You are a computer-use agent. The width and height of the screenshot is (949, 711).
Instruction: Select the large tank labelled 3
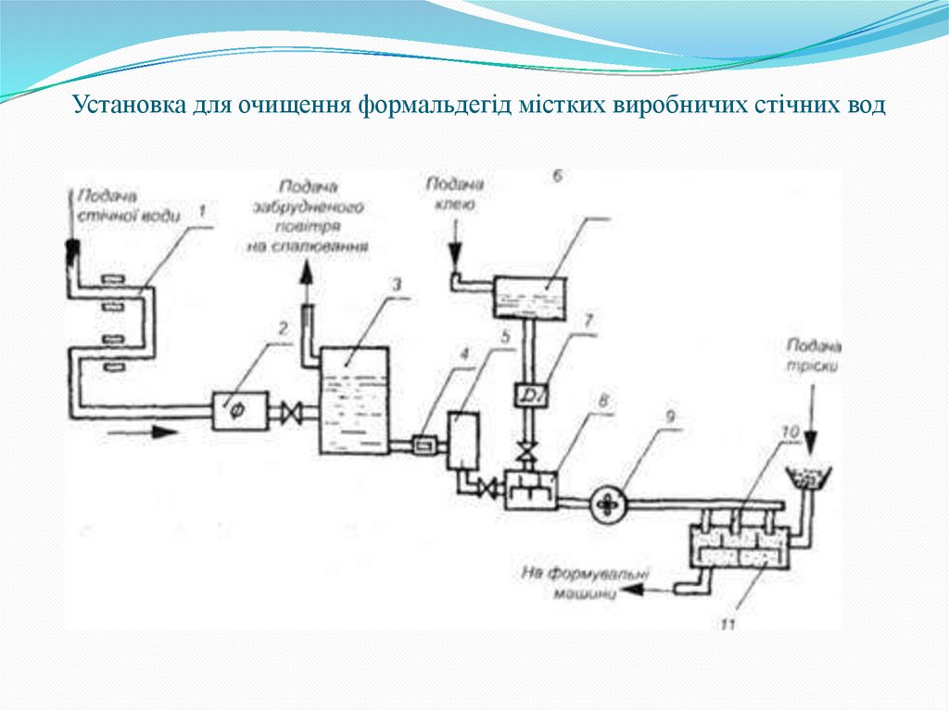coord(353,400)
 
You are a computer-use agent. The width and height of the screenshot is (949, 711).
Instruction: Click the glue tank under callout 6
coord(531,296)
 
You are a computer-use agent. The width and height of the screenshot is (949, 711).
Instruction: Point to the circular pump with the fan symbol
coord(607,502)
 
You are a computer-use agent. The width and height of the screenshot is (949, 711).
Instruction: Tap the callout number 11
coord(727,626)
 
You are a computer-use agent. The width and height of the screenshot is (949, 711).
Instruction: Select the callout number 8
coord(603,401)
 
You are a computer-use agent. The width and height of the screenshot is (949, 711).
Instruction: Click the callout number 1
coord(202,211)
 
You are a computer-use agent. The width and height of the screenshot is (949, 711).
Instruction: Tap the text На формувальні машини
coord(584,584)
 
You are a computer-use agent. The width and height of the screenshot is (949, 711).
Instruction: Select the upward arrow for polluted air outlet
coord(307,278)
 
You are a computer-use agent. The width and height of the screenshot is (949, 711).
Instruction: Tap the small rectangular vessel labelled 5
coord(461,440)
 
